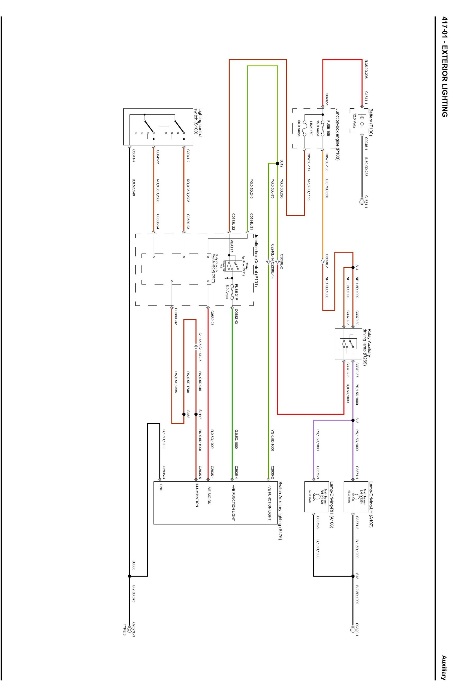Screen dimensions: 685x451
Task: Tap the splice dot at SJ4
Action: click(353, 267)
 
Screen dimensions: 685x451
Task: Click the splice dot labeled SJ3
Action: click(353, 420)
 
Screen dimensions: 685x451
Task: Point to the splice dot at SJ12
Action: click(277, 163)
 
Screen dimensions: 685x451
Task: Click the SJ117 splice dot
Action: click(196, 414)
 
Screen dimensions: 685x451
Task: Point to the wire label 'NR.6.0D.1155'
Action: click(309, 190)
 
